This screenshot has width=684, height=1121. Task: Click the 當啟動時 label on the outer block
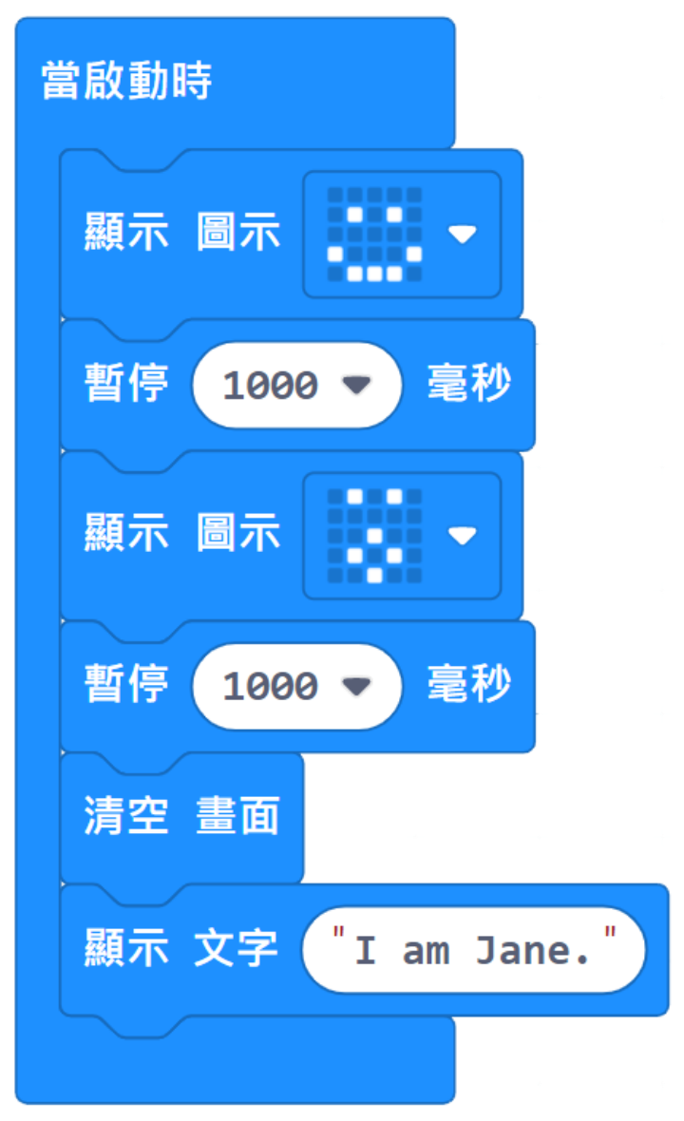pos(126,82)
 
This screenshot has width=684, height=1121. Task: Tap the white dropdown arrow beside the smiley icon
pos(463,234)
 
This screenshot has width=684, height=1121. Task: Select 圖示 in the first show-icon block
pos(238,234)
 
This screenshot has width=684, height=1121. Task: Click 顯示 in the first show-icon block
pos(126,234)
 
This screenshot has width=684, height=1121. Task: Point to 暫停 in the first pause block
pos(126,384)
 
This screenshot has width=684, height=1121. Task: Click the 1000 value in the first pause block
pos(270,386)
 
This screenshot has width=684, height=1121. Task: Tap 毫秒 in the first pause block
pos(468,384)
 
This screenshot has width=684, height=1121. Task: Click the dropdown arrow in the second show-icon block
pos(463,536)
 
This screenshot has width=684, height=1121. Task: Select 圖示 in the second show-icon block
pos(238,535)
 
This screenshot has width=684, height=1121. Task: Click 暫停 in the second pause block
pos(126,685)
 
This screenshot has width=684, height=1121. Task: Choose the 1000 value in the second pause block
pos(270,687)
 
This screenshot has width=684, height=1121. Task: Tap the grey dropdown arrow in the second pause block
pos(356,686)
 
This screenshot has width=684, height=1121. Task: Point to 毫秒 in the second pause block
pos(468,685)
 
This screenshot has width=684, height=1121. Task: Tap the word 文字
pos(236,949)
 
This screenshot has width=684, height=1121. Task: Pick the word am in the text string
pos(426,951)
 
